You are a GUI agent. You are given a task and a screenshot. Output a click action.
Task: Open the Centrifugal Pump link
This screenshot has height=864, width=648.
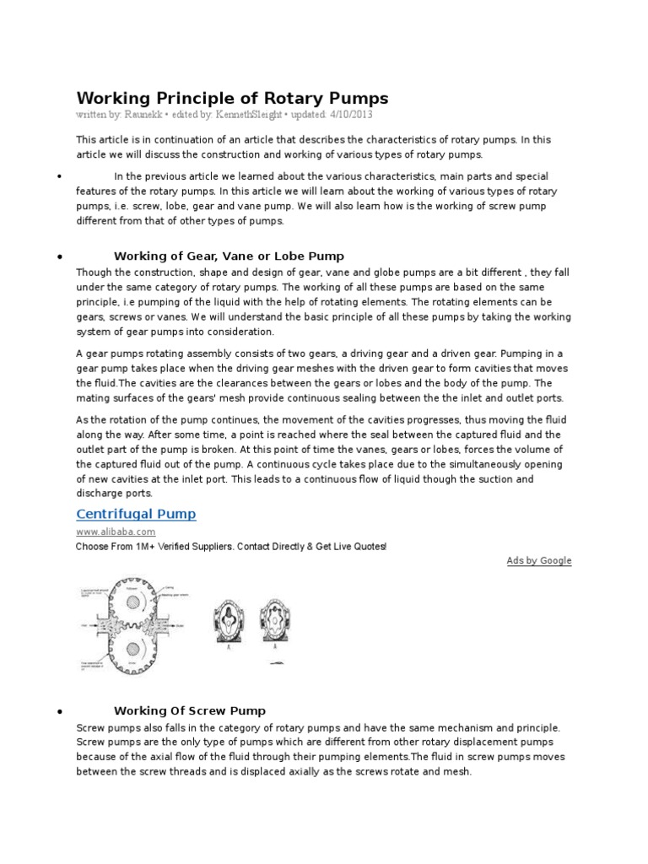coord(136,514)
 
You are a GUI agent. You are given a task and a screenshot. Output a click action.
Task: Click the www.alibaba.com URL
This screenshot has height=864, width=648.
coord(116,532)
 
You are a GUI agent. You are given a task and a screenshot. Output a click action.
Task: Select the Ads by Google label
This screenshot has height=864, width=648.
coord(538,560)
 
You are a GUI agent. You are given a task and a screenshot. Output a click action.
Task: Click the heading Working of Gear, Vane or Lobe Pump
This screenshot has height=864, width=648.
coord(229,256)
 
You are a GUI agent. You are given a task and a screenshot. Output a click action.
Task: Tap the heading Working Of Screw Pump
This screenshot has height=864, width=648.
coord(190,710)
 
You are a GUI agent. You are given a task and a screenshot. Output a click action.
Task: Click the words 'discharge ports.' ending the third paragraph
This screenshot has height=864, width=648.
coord(115,493)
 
